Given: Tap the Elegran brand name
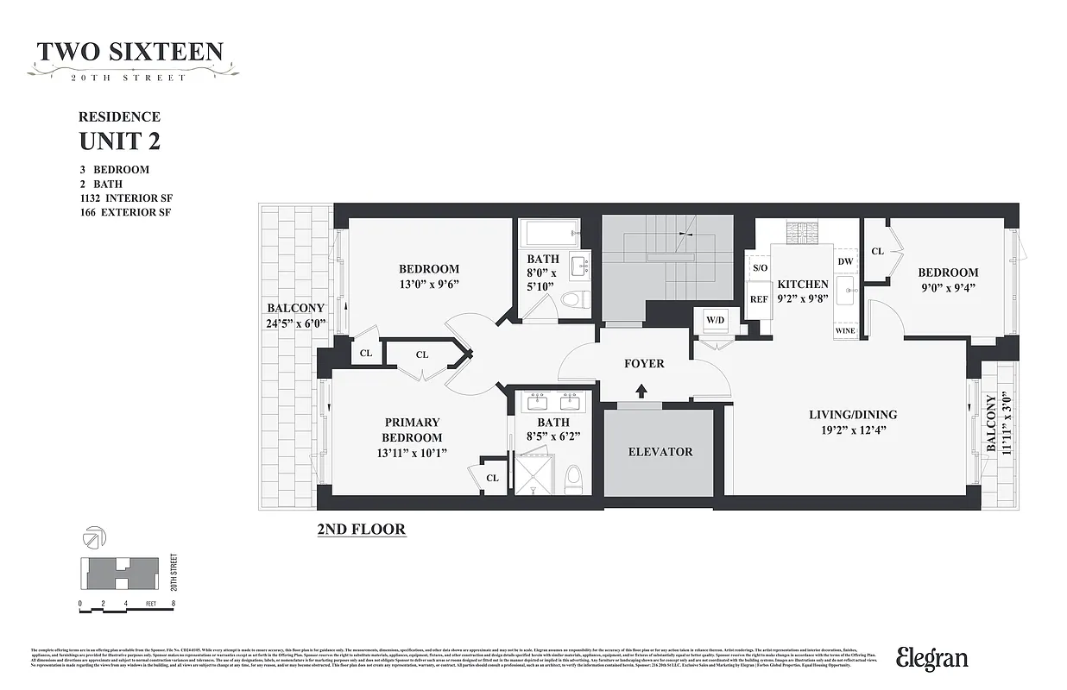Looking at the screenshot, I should click(x=931, y=659).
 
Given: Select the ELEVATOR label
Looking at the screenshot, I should click(x=660, y=452).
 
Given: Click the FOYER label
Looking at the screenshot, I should click(x=644, y=364).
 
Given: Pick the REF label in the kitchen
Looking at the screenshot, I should click(x=759, y=299).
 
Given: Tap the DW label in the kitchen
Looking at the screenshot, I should click(x=845, y=261).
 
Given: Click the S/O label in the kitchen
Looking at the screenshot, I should click(x=760, y=268).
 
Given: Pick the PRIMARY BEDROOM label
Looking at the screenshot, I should click(x=412, y=430).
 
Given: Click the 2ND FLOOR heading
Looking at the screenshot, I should click(x=362, y=529).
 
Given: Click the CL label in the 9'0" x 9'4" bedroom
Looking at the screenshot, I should click(x=877, y=251).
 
